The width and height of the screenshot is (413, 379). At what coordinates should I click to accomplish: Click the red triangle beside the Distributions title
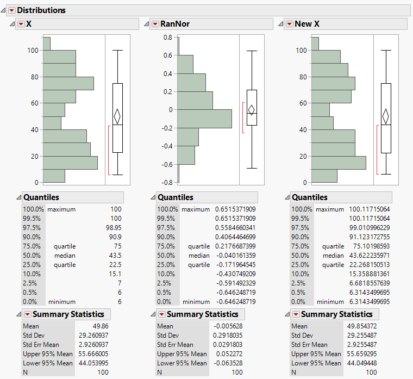pos(11,10)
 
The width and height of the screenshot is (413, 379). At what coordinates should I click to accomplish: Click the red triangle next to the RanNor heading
pos(155,24)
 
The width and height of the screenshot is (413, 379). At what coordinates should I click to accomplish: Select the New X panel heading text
pos(306,24)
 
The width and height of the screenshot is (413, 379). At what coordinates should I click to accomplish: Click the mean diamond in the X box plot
pos(117,116)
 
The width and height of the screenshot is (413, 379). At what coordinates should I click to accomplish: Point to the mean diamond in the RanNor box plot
pos(251,110)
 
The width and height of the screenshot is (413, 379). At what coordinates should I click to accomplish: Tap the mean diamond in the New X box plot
pos(386,116)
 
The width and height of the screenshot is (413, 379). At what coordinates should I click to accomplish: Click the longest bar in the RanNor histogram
pos(204,119)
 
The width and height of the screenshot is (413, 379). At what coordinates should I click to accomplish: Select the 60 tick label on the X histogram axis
pos(34,103)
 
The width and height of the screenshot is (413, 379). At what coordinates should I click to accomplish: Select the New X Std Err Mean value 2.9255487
pos(362,345)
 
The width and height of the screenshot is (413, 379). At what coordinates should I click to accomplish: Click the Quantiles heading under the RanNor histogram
pos(175,197)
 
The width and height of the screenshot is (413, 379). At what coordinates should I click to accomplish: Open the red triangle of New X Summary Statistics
pos(295,314)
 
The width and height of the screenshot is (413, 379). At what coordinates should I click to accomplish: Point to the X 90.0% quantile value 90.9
pos(115,237)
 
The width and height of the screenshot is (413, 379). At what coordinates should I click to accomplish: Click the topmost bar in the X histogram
pos(47,44)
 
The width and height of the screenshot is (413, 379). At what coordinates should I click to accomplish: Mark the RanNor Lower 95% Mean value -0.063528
pos(229,363)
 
